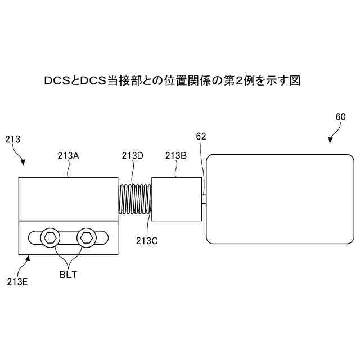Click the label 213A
[68, 156]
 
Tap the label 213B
[176, 156]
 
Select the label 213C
[147, 240]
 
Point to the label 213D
[132, 156]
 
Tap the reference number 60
[340, 117]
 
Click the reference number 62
[201, 136]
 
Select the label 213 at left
[12, 138]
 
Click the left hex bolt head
[49, 238]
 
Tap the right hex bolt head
[87, 237]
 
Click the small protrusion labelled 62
[204, 199]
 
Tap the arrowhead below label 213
[24, 163]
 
